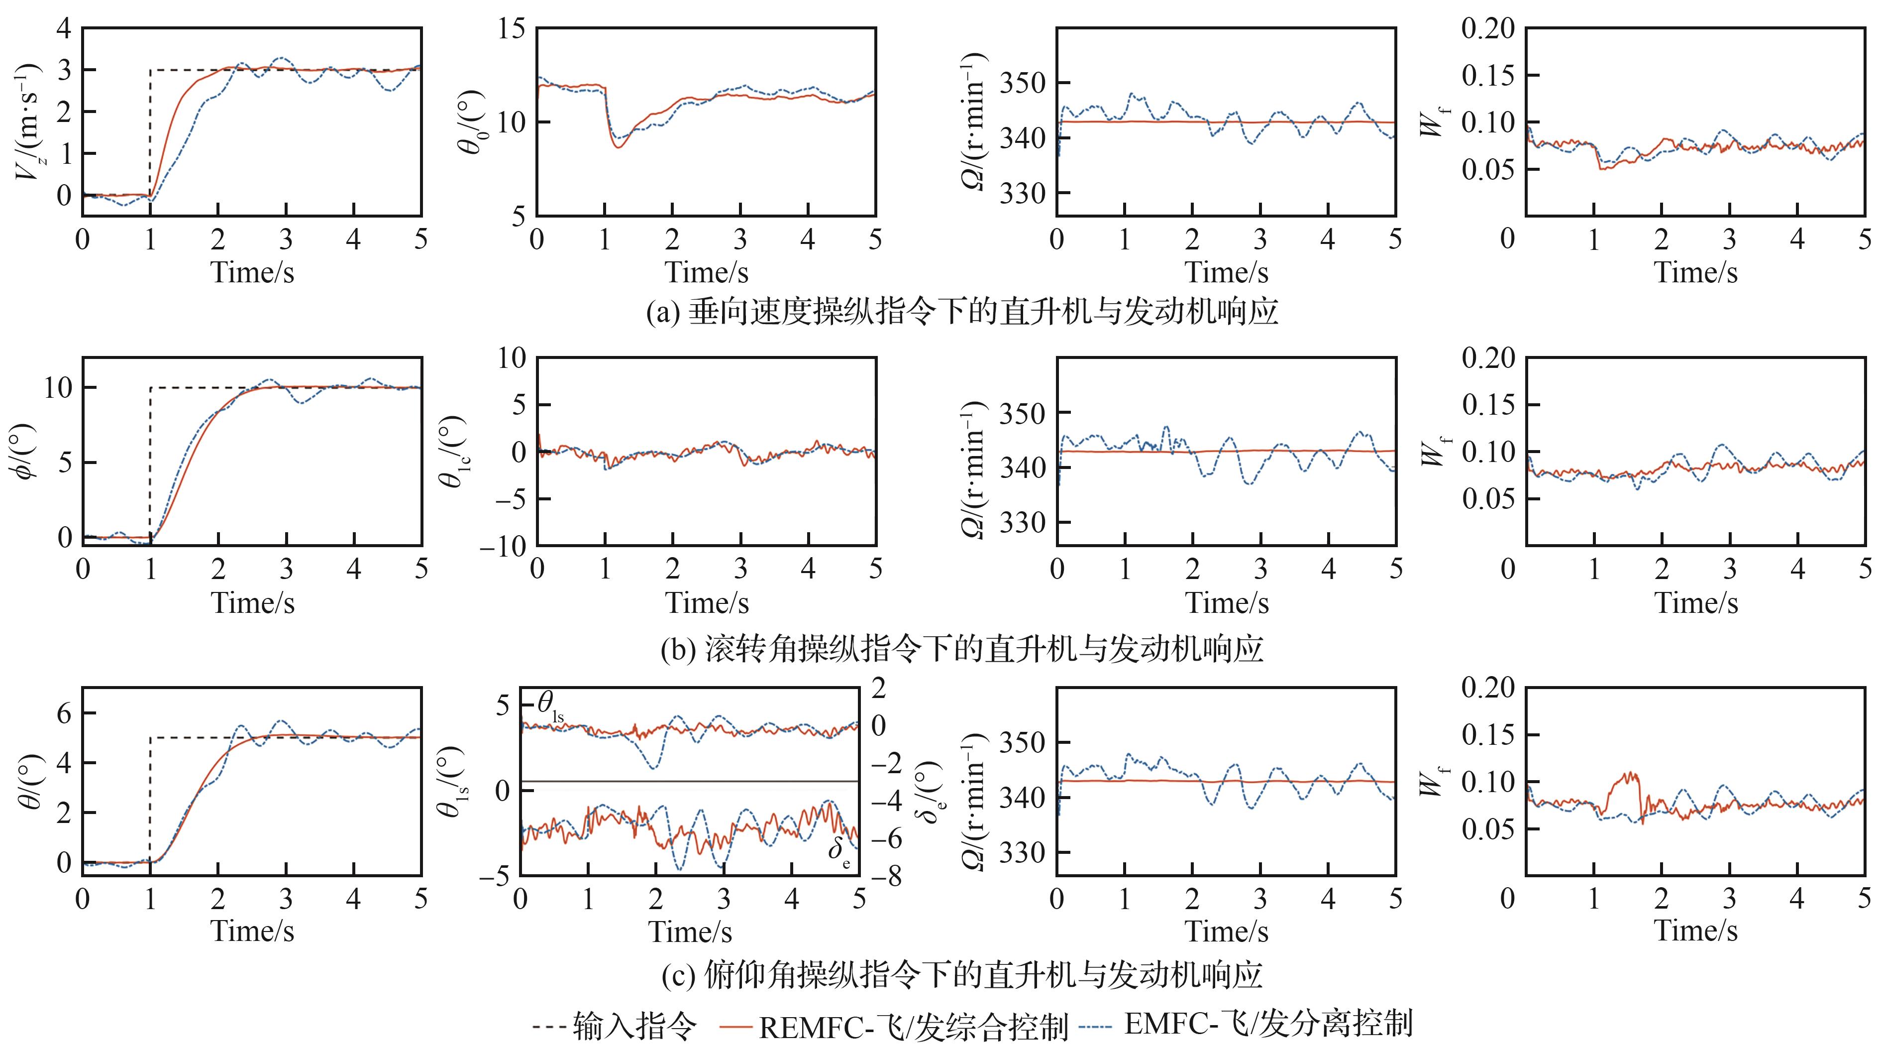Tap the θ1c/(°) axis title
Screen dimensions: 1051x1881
(x=454, y=453)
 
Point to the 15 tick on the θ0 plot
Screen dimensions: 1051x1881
(x=511, y=29)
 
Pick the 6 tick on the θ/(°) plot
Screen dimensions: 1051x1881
(x=64, y=713)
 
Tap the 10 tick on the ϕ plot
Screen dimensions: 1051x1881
(x=58, y=388)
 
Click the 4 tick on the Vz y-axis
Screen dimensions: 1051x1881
(x=64, y=29)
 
